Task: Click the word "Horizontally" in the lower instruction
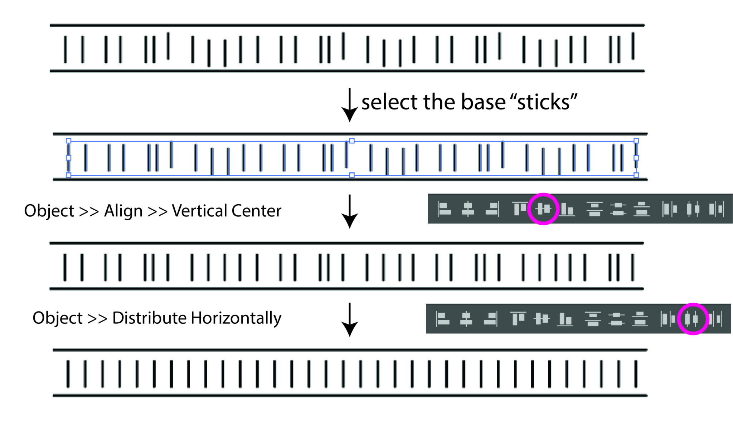pos(236,318)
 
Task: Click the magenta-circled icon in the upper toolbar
pos(543,209)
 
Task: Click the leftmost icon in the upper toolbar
pos(444,209)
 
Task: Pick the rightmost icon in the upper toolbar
pos(717,209)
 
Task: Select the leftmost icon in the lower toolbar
pos(442,319)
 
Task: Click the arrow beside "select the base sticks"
pos(350,105)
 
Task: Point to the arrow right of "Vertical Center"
pos(350,211)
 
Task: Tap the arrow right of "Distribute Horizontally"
pos(350,320)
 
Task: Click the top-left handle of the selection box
pos(68,141)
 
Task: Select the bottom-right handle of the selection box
pos(636,175)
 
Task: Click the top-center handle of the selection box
pos(352,141)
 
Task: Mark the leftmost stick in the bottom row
pos(68,374)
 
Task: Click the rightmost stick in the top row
pos(633,46)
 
